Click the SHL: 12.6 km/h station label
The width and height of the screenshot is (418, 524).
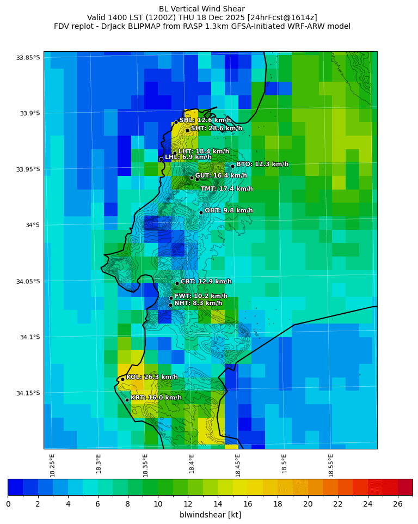coord(205,120)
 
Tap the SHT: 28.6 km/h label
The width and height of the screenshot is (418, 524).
coord(216,129)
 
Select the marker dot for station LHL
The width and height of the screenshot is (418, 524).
coord(161,159)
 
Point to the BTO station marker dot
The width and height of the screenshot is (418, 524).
coord(232,166)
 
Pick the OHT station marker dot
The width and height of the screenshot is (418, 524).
coord(201,212)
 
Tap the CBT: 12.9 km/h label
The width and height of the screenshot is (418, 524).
coord(206,282)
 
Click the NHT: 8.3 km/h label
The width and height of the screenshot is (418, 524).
coord(198,303)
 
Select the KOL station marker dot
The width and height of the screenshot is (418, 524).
coord(122,379)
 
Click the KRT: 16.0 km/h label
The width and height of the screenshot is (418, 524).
coord(156,398)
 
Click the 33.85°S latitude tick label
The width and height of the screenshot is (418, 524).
coord(28,58)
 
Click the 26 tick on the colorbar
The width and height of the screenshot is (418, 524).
coord(398,504)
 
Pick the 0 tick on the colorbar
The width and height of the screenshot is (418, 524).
coord(8,504)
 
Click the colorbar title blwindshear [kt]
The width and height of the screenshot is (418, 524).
coord(210,515)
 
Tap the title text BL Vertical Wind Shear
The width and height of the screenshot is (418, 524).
coord(202,9)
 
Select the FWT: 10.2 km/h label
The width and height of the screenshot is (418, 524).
coord(201,296)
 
